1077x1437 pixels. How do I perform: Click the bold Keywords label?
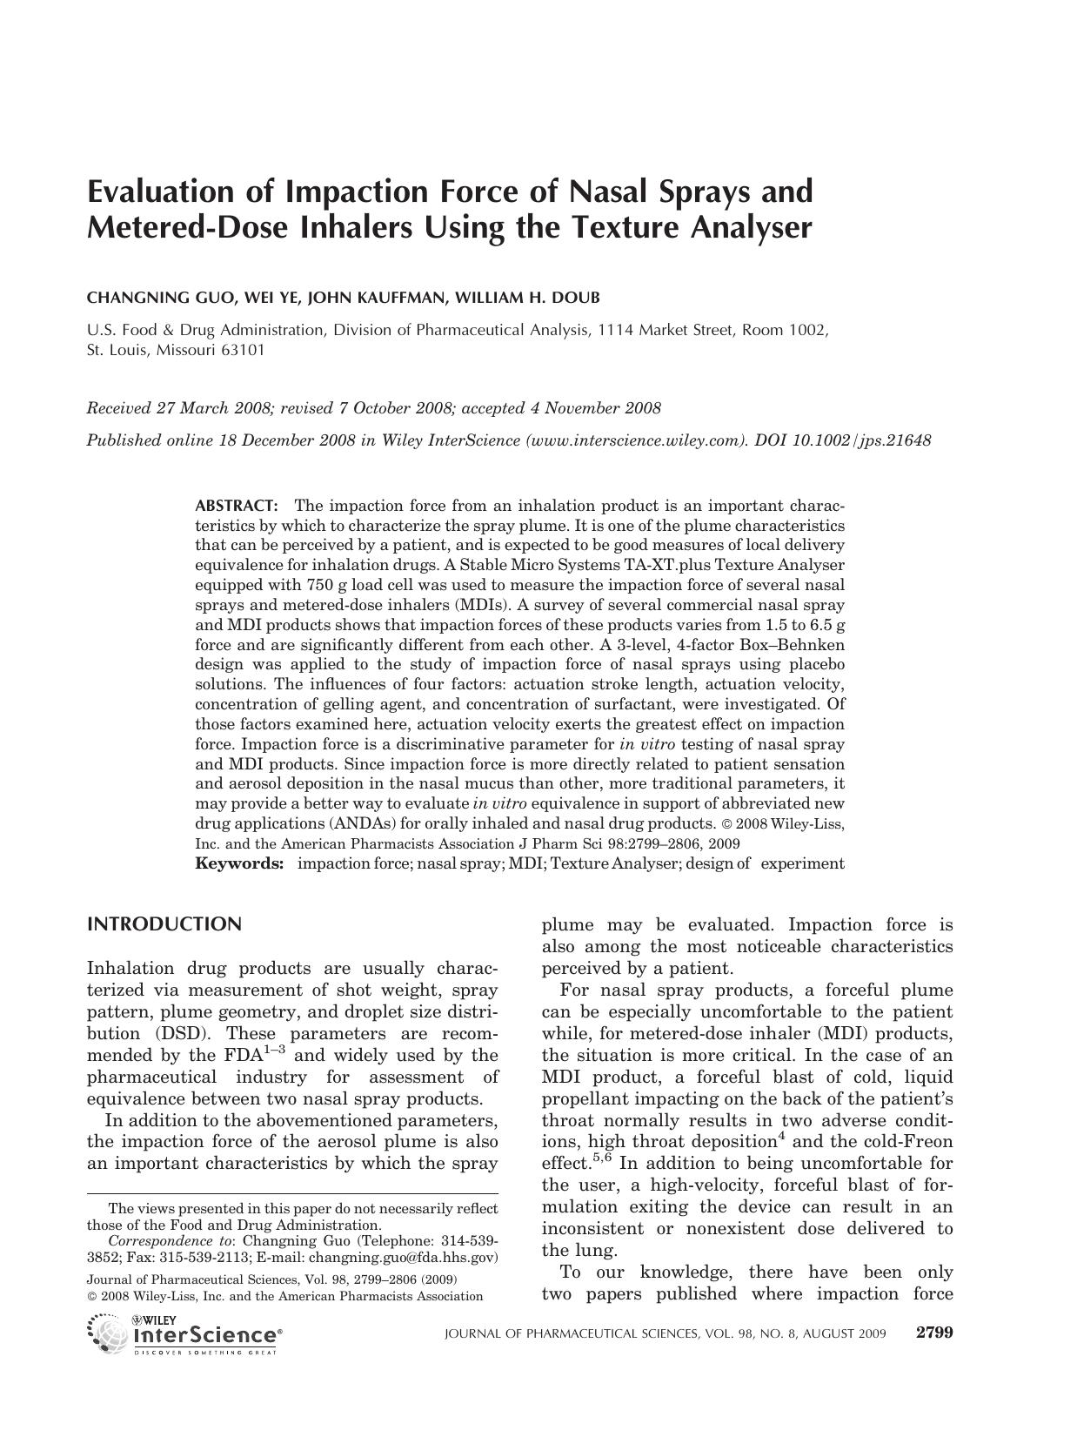[x=239, y=863]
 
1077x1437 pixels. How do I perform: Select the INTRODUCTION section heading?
[x=164, y=924]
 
